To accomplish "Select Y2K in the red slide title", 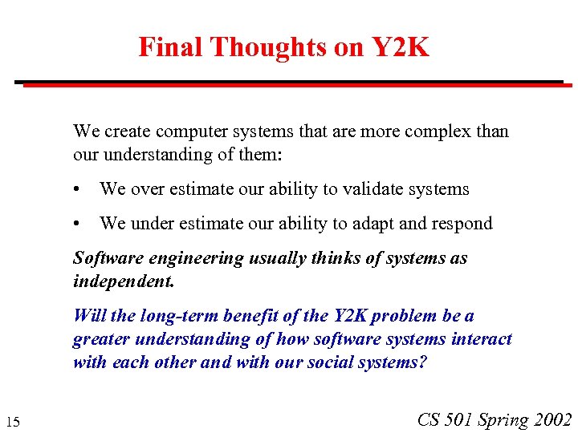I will pyautogui.click(x=400, y=47).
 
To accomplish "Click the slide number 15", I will pyautogui.click(x=13, y=422).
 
